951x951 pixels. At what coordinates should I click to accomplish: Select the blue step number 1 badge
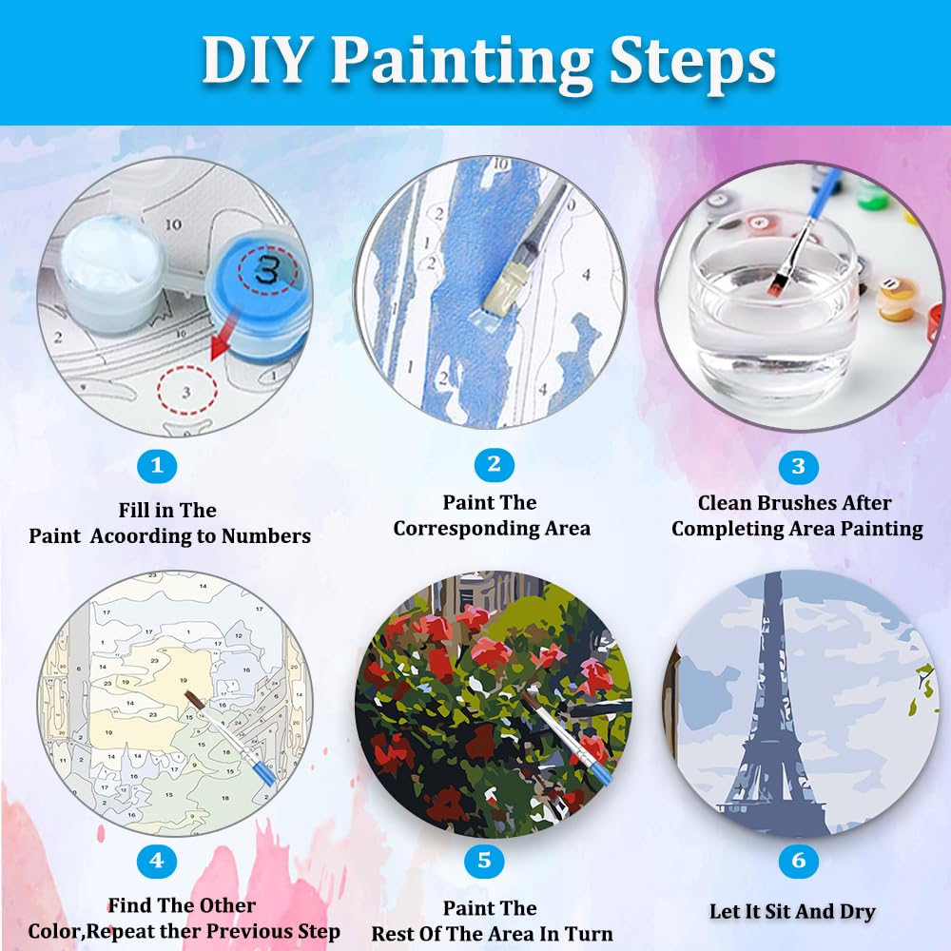[x=157, y=465]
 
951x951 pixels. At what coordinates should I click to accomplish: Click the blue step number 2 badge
[x=494, y=464]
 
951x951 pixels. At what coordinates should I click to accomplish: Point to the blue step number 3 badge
[x=798, y=466]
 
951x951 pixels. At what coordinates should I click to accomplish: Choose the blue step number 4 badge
[x=157, y=862]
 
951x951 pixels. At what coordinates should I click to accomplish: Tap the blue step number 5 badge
[x=484, y=862]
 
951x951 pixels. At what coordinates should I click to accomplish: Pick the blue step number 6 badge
[x=798, y=862]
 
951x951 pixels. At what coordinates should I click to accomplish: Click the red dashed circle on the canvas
[x=186, y=390]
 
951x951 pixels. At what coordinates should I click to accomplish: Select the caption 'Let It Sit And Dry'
[x=792, y=911]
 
